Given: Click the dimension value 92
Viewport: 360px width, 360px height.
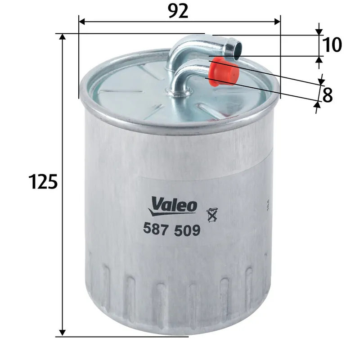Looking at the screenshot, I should click(179, 11).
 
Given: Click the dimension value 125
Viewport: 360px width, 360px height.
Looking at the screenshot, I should click(43, 182).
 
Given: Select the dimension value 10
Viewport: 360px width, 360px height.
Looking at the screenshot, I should click(332, 45).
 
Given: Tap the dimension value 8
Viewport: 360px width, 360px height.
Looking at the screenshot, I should click(328, 95).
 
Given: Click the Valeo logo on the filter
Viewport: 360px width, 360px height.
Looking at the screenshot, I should click(174, 205).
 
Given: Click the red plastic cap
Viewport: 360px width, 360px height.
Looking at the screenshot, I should click(224, 71).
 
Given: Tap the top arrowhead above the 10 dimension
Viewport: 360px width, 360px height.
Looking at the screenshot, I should click(319, 31).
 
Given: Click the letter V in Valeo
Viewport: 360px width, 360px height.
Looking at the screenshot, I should click(156, 204).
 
